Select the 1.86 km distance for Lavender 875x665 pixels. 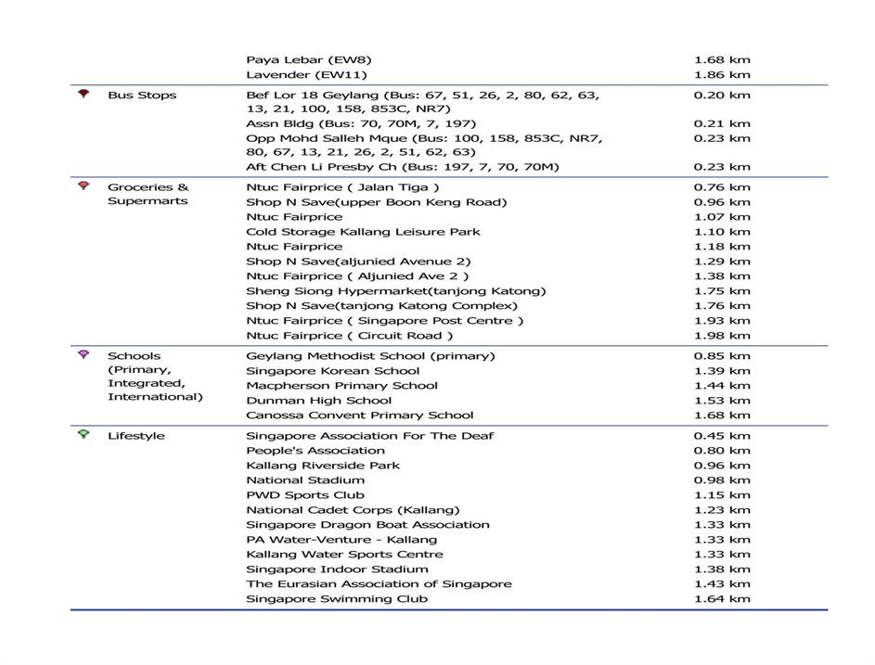722,75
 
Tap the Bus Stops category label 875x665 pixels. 141,96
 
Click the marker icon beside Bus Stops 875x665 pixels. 84,95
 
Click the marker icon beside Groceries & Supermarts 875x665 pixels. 84,186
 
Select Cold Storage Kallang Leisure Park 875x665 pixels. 363,232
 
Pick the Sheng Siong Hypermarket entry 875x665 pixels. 395,291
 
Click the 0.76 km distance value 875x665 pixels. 722,187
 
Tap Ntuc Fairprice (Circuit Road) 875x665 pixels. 350,336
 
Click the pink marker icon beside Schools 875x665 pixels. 84,355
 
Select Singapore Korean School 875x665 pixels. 332,371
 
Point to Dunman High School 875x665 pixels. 319,401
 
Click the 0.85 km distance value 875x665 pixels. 722,356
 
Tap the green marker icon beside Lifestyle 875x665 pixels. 84,435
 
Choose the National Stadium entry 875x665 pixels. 305,480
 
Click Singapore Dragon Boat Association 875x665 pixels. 367,525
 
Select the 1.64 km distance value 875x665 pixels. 722,599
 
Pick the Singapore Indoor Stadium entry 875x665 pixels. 337,569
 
